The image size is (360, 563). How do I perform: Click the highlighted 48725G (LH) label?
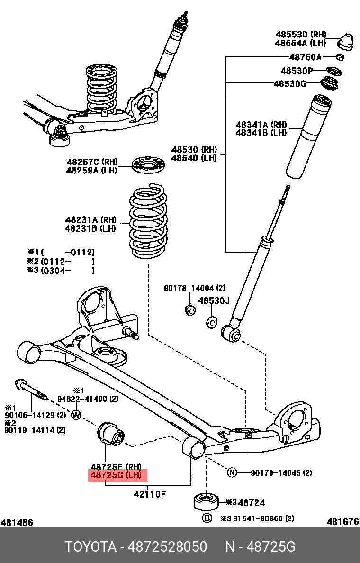tap(118, 476)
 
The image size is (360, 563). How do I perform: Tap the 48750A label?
tap(305, 57)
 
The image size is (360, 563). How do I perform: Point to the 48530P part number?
tap(297, 71)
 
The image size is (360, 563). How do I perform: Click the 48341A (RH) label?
tap(261, 125)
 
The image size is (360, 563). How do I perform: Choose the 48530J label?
tap(213, 300)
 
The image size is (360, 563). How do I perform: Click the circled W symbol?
tap(76, 415)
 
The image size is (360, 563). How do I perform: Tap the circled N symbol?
tap(232, 472)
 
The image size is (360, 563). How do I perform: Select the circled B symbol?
tap(207, 518)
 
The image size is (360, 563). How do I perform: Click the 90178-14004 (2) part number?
tap(194, 288)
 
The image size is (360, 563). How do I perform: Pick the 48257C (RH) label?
tap(91, 162)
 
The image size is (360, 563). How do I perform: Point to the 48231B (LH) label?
tap(90, 228)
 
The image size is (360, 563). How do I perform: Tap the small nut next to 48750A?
tap(340, 57)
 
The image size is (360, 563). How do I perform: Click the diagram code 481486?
tap(17, 522)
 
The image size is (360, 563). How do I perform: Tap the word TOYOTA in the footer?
tap(90, 547)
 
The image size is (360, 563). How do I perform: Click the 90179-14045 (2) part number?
tap(281, 472)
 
